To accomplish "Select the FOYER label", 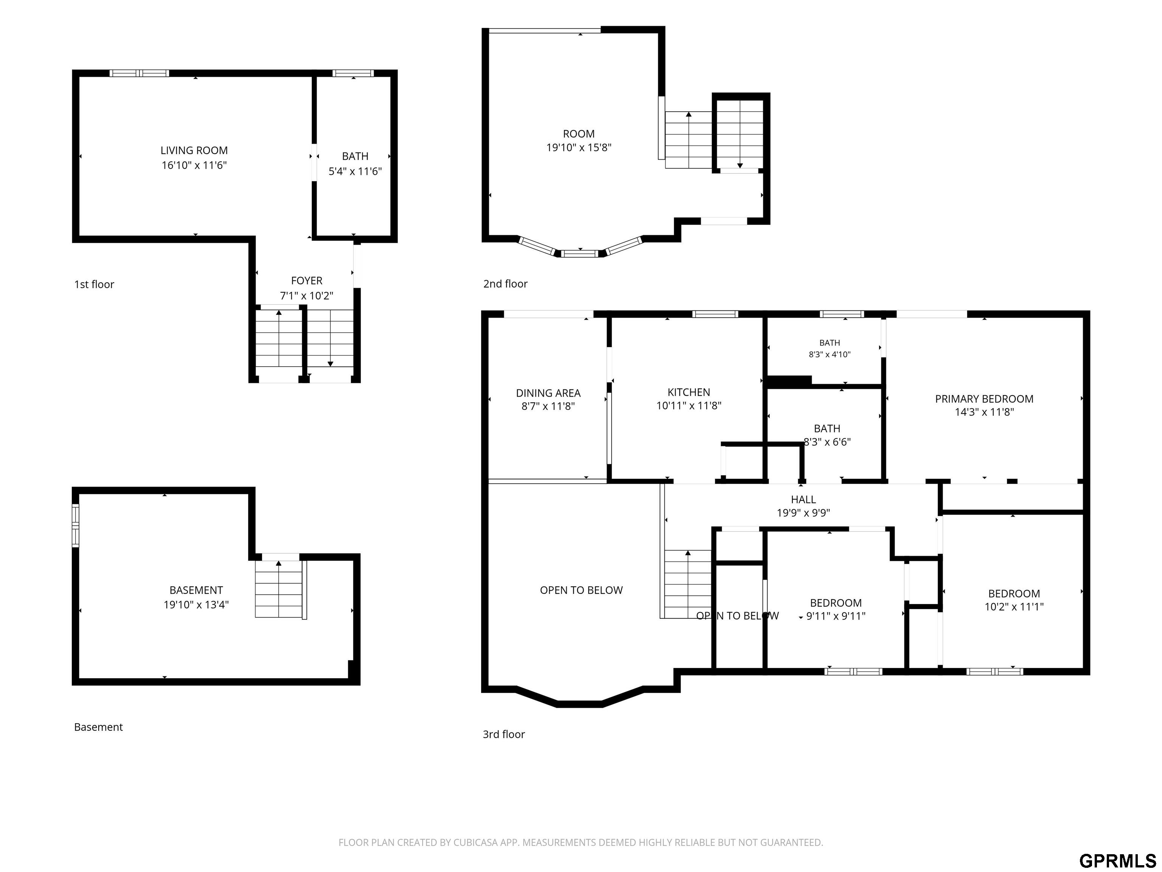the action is click(x=307, y=281).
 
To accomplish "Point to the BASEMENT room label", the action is click(x=196, y=590).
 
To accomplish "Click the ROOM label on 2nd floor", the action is click(x=579, y=134).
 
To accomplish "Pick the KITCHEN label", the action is click(x=689, y=392).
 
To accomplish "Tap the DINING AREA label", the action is click(x=548, y=393).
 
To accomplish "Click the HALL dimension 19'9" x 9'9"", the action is click(x=803, y=513).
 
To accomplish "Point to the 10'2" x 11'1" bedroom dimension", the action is click(x=1014, y=607).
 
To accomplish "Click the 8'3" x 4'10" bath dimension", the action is click(x=830, y=354).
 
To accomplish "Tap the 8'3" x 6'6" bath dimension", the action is click(x=827, y=442).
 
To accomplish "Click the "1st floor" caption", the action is click(x=94, y=284).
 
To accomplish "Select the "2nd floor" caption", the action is click(x=505, y=284).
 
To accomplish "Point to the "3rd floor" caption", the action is click(x=504, y=734).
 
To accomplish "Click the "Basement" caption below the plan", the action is click(x=98, y=727).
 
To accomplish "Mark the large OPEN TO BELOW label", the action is click(x=581, y=590).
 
